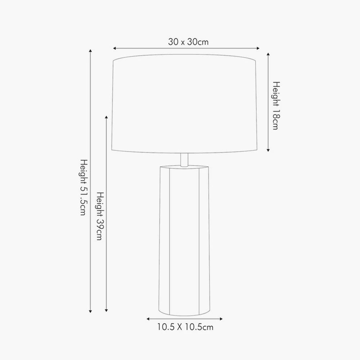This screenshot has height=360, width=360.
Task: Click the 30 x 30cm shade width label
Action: click(188, 42)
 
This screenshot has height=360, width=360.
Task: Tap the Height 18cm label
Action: click(275, 105)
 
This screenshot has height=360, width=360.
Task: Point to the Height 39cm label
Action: click(100, 216)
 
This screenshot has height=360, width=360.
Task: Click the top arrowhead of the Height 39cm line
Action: click(106, 118)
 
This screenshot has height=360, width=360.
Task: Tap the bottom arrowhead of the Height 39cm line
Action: click(106, 311)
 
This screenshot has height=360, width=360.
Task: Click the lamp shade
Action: click(185, 104)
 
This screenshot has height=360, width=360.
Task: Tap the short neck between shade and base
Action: click(184, 159)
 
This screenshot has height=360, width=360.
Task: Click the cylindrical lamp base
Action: click(184, 238)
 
